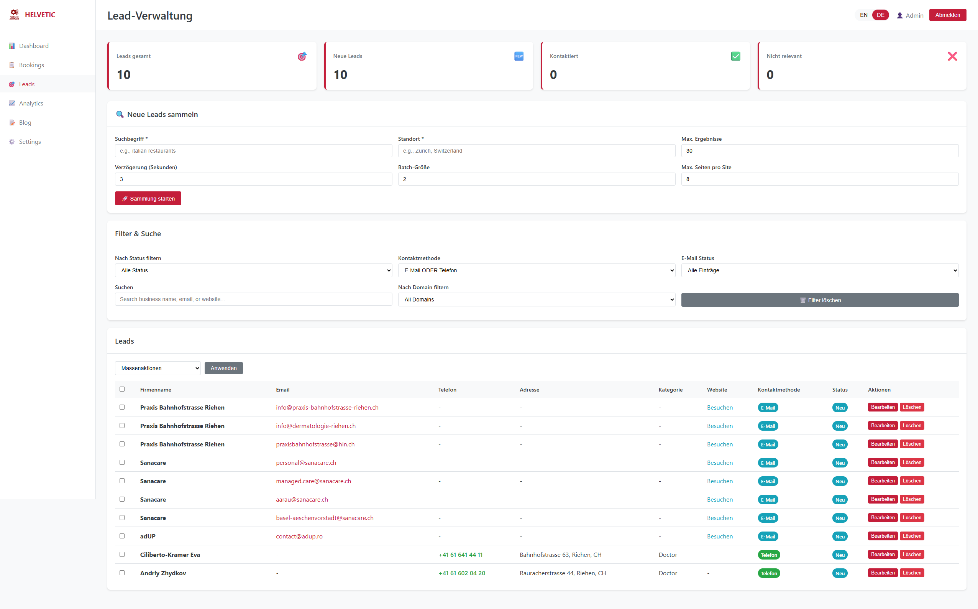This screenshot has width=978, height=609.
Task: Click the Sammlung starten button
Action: pyautogui.click(x=148, y=198)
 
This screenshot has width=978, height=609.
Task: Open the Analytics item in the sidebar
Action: pyautogui.click(x=31, y=103)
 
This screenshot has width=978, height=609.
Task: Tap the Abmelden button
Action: pyautogui.click(x=947, y=15)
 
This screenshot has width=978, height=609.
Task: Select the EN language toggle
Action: pyautogui.click(x=863, y=15)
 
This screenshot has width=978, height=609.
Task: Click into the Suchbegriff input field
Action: pyautogui.click(x=253, y=151)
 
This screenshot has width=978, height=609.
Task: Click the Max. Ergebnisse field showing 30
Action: pyautogui.click(x=819, y=151)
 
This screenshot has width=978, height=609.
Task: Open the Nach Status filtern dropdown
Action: pyautogui.click(x=253, y=270)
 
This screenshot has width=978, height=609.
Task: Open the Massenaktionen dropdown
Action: pyautogui.click(x=158, y=368)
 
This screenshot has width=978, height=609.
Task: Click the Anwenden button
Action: pyautogui.click(x=223, y=368)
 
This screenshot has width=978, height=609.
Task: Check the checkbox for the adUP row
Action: pyautogui.click(x=122, y=536)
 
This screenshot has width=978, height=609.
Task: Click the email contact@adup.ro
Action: pyautogui.click(x=299, y=537)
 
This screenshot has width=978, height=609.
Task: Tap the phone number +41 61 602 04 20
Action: pyautogui.click(x=462, y=573)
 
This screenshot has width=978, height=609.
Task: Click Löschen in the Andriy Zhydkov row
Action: pyautogui.click(x=912, y=573)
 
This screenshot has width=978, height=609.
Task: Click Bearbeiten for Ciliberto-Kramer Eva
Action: pyautogui.click(x=882, y=555)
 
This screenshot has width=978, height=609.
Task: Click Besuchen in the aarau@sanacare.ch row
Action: pyautogui.click(x=720, y=499)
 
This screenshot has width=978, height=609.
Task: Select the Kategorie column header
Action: pyautogui.click(x=670, y=390)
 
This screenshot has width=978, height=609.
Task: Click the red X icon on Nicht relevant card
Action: pyautogui.click(x=952, y=56)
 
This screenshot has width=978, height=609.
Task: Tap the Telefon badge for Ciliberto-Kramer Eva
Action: pyautogui.click(x=768, y=555)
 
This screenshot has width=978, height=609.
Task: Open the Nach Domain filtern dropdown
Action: pyautogui.click(x=536, y=299)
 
